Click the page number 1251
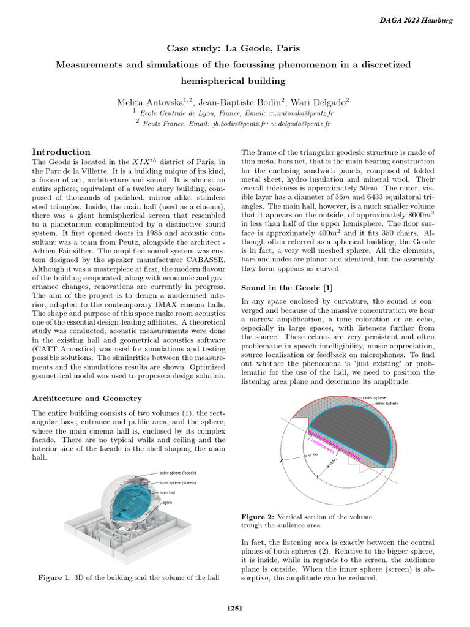pyautogui.click(x=235, y=608)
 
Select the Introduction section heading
pyautogui.click(x=61, y=152)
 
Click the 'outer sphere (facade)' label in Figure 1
pyautogui.click(x=177, y=473)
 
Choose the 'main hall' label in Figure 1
pyautogui.click(x=169, y=492)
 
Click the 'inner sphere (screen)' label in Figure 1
pyautogui.click(x=177, y=483)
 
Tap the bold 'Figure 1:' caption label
pyautogui.click(x=55, y=577)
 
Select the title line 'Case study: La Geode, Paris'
pyautogui.click(x=234, y=48)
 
